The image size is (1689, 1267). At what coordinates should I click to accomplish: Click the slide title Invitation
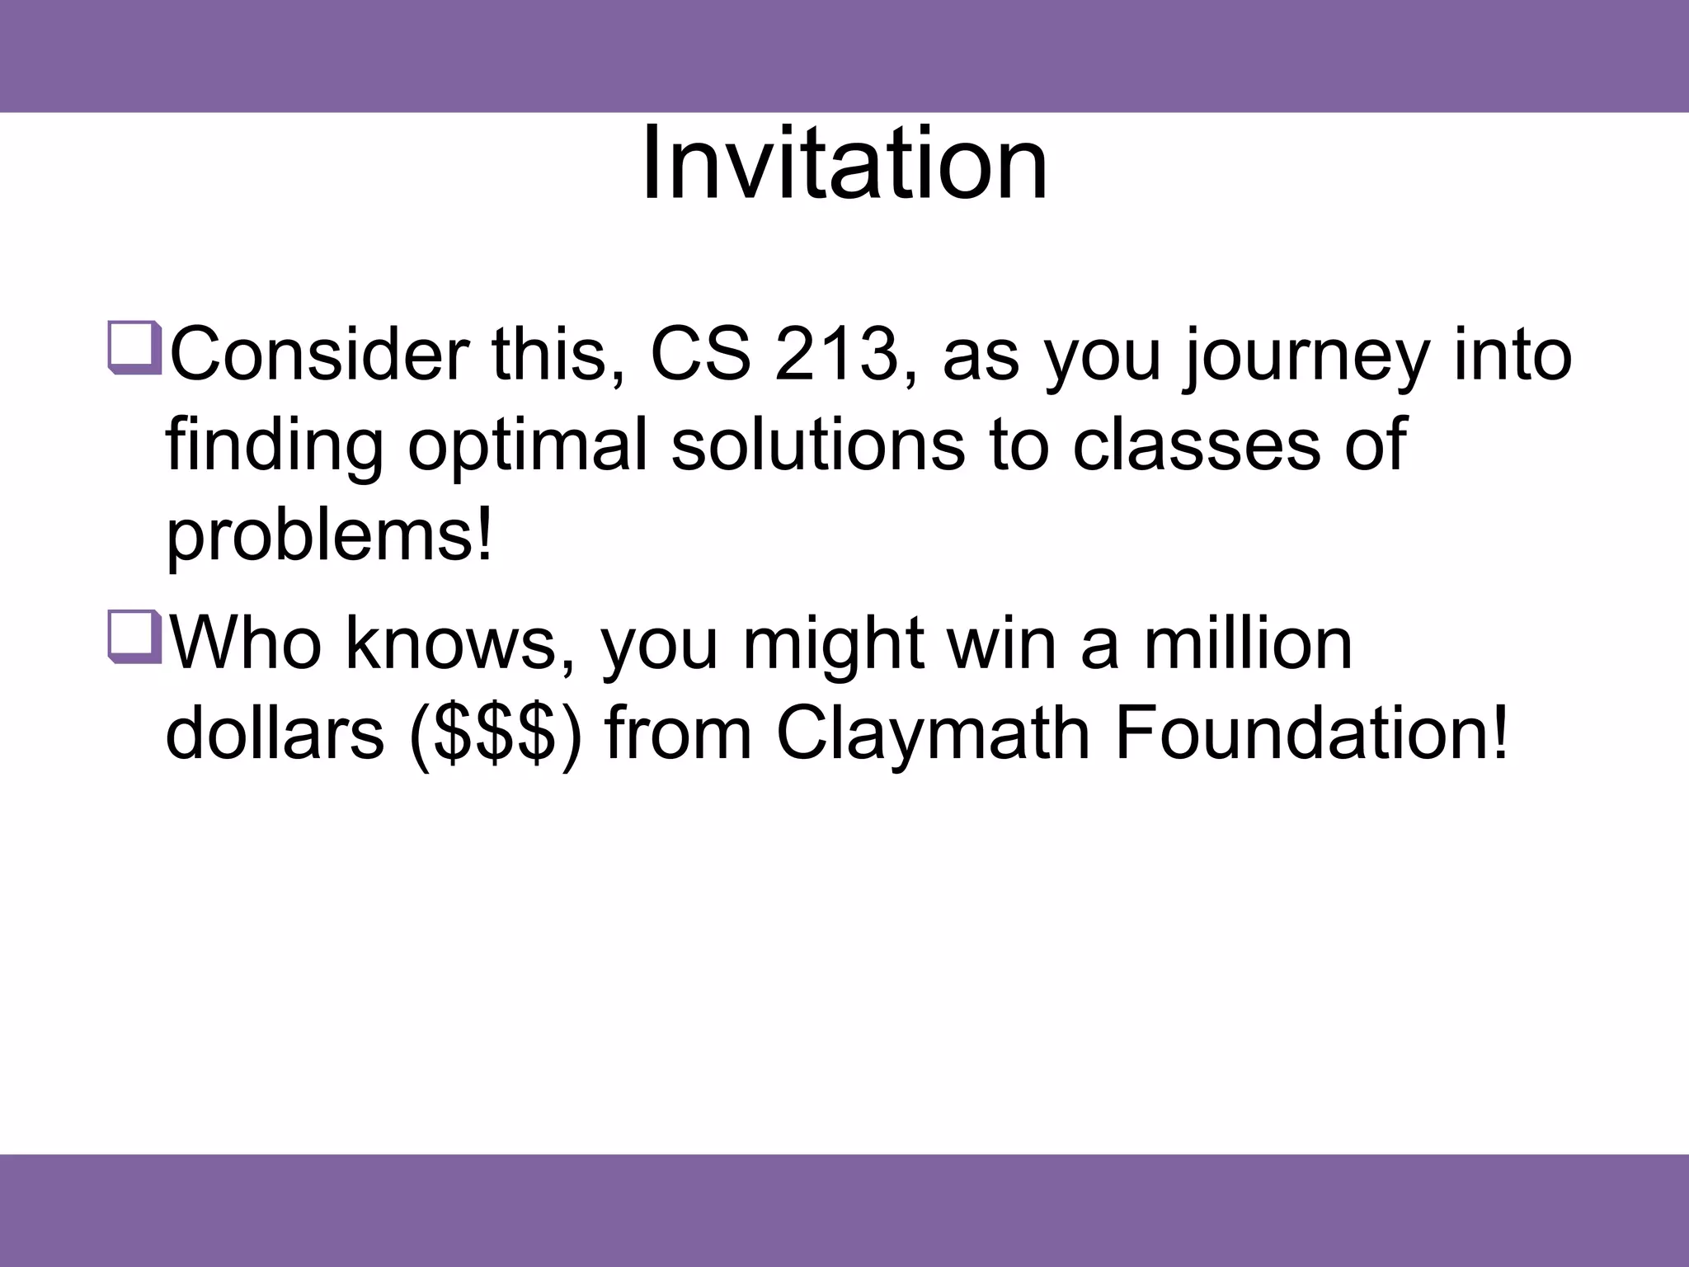point(844,162)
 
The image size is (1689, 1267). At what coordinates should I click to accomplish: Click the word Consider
point(319,356)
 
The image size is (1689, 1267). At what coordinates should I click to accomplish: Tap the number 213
point(835,356)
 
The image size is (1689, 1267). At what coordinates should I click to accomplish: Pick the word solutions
point(818,445)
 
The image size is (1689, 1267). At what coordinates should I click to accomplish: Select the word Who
point(246,643)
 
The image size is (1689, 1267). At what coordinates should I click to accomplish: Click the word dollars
point(275,734)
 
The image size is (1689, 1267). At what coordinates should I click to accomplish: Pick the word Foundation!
point(1311,734)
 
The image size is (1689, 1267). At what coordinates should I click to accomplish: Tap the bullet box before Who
point(134,636)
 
